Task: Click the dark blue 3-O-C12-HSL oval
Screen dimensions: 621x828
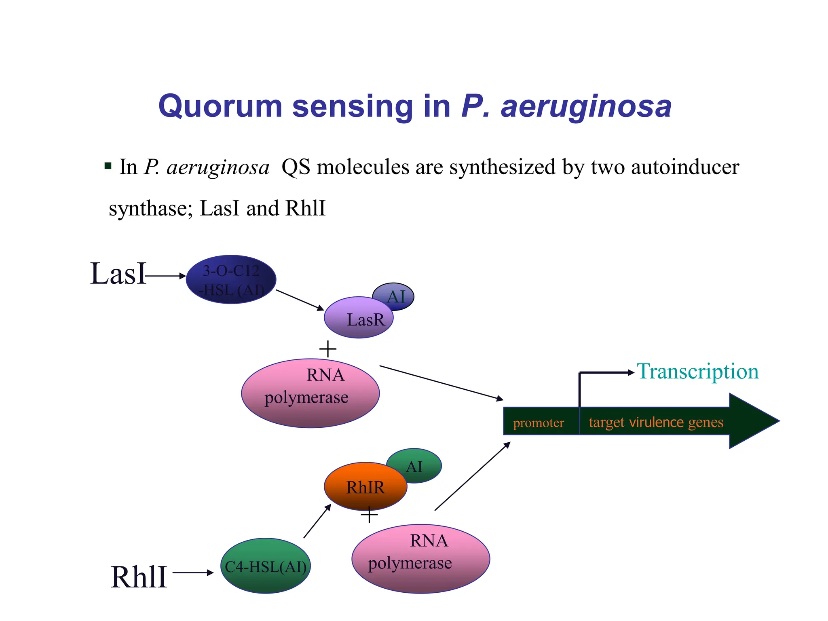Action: [x=231, y=279]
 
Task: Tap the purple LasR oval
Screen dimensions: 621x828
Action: [x=356, y=319]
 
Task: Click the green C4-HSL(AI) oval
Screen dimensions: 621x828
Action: [x=266, y=566]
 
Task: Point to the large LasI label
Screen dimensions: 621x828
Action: [x=117, y=274]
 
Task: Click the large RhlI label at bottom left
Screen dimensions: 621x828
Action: [x=139, y=577]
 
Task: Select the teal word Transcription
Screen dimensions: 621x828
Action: [x=698, y=371]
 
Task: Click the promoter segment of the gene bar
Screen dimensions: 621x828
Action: [x=539, y=423]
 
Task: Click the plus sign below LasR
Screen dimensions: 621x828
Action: [x=327, y=349]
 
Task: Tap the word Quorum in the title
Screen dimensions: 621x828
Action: [x=220, y=106]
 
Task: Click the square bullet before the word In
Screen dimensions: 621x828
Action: [x=108, y=166]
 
